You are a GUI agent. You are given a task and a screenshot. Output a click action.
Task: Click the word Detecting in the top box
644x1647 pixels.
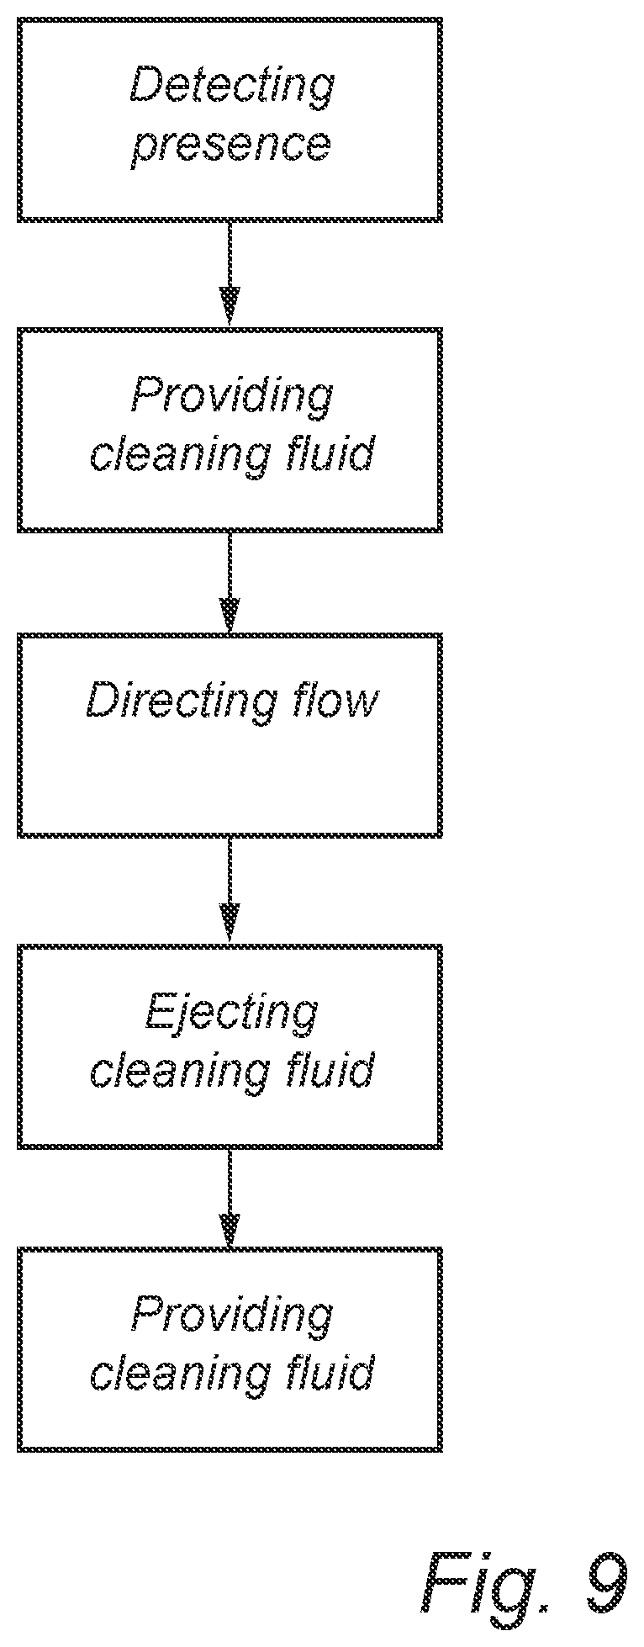[x=232, y=87]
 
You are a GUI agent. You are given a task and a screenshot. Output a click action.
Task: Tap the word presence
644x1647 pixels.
[x=230, y=146]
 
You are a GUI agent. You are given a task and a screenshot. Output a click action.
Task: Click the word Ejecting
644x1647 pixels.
[x=231, y=1012]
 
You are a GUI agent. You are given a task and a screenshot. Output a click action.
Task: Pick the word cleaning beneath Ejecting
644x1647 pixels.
[x=180, y=1071]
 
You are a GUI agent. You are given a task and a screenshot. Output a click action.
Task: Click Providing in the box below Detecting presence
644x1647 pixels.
[x=232, y=395]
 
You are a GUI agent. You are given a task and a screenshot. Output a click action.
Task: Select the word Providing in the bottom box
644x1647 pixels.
[x=232, y=1315]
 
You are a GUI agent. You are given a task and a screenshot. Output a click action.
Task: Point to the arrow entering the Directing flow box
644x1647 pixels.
[x=230, y=582]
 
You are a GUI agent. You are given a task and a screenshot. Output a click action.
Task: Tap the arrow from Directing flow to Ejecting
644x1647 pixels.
[x=230, y=890]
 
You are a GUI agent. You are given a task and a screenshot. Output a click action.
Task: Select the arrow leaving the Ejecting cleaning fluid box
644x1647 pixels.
[x=230, y=1198]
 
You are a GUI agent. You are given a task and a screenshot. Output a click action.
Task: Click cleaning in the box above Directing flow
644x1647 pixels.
[x=180, y=455]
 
